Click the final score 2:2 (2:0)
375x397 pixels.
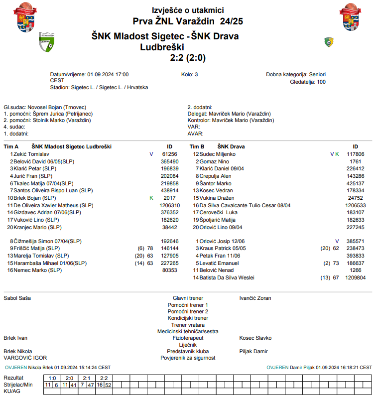click(188, 58)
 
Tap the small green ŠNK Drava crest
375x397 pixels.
click(329, 42)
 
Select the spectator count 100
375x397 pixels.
click(321, 82)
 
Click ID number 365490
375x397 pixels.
click(169, 162)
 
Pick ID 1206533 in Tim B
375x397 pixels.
click(355, 205)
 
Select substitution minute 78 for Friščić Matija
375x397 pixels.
click(149, 248)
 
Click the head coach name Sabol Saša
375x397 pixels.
click(17, 298)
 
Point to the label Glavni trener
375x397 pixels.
click(188, 298)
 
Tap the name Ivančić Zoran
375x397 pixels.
click(255, 298)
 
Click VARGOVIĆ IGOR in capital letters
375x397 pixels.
click(25, 358)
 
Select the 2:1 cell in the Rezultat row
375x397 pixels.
click(86, 378)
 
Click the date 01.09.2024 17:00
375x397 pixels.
click(108, 74)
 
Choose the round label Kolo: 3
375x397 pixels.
click(190, 74)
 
